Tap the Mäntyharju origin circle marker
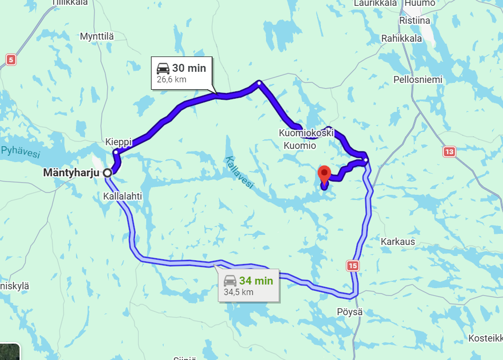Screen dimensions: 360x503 [x=107, y=173]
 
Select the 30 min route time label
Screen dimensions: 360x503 [x=188, y=68]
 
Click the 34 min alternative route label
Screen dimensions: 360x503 [x=256, y=281]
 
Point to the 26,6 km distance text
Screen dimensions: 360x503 [x=172, y=80]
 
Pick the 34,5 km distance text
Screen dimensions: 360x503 [x=239, y=292]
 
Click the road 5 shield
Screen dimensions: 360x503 [x=11, y=60]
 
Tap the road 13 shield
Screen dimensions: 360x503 [x=449, y=152]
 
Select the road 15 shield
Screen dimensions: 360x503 [x=353, y=266]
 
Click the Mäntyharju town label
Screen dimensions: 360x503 [x=72, y=173]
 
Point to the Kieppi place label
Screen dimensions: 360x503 [x=118, y=142]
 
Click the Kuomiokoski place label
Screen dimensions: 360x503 [x=307, y=133]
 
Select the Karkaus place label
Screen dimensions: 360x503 [x=397, y=242]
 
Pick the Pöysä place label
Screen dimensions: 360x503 [x=350, y=311]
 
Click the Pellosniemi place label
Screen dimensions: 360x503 [x=418, y=80]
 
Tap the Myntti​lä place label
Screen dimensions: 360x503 [x=97, y=36]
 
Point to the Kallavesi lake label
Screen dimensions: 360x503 [x=239, y=172]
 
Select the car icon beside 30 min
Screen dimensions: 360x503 [x=163, y=68]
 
